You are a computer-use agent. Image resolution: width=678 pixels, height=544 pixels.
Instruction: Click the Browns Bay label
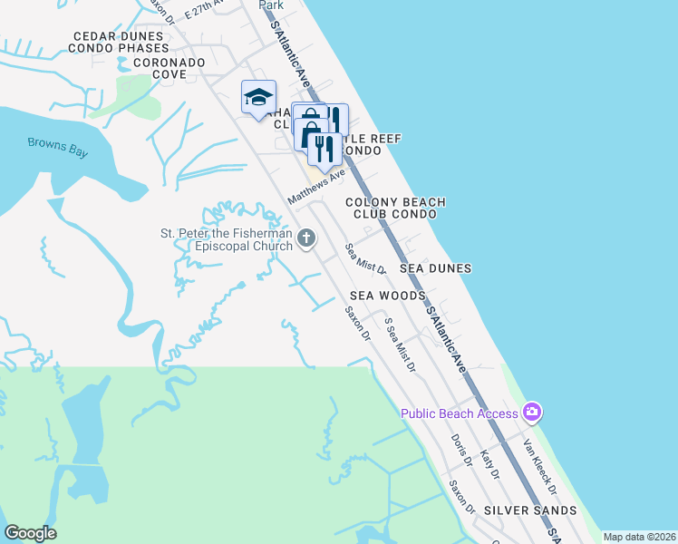click(57, 147)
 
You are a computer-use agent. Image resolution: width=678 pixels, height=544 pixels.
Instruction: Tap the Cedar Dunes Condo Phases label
click(121, 42)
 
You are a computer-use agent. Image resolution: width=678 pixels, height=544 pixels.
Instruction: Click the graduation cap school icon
click(258, 97)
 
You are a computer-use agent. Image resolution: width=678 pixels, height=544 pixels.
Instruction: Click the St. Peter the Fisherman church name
click(227, 240)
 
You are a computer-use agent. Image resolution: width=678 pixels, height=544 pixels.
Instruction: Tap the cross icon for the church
click(306, 239)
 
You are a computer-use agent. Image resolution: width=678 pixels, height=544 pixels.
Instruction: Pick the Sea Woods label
click(388, 296)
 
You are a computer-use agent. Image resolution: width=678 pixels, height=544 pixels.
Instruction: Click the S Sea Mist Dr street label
click(400, 345)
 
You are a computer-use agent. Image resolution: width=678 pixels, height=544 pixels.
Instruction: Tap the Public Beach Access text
click(460, 414)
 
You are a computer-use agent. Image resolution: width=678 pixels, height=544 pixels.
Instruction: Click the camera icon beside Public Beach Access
click(531, 413)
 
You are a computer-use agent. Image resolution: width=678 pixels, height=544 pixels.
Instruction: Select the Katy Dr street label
click(489, 464)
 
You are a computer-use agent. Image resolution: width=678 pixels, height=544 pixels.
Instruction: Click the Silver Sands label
click(530, 510)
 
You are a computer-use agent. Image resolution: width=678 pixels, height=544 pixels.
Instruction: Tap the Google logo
click(30, 533)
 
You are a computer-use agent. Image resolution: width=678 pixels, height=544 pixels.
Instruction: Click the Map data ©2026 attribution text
click(639, 537)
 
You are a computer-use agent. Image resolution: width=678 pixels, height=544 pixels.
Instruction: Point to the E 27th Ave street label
click(203, 9)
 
